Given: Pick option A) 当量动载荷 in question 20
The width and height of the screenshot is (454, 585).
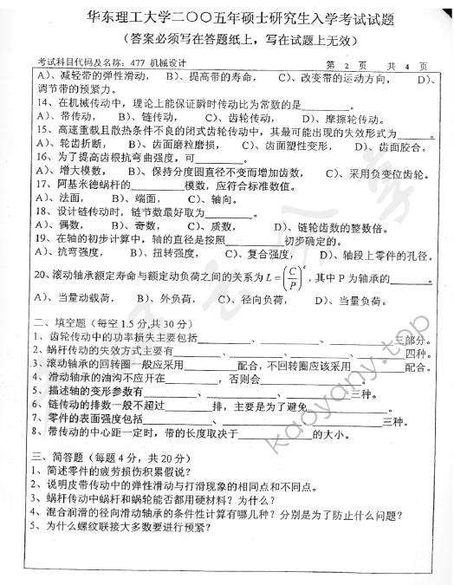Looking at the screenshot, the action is click(78, 300).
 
